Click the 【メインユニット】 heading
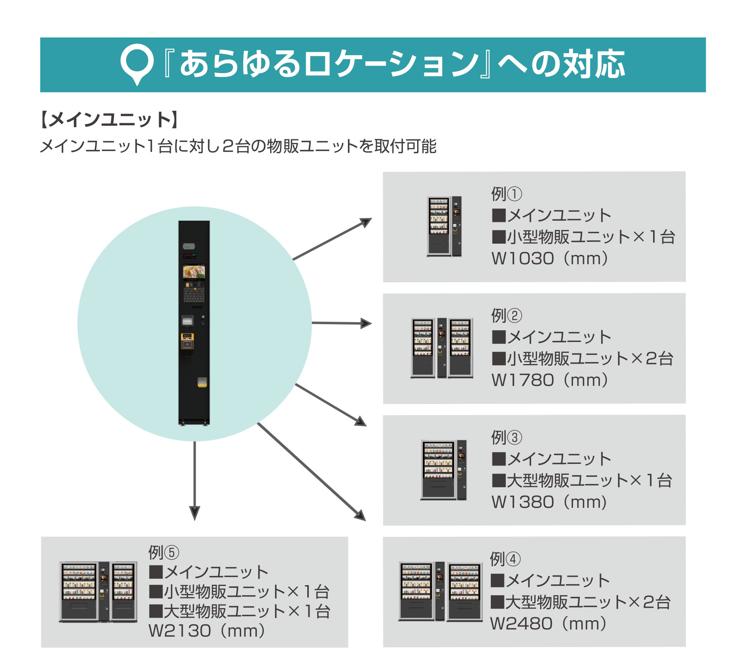(x=109, y=120)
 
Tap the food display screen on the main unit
(x=194, y=272)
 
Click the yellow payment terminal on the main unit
(x=187, y=341)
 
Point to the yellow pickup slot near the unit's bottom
(x=202, y=382)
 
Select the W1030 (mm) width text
(x=550, y=259)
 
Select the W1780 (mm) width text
(x=550, y=380)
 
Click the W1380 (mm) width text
(x=549, y=502)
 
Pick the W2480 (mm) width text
(x=548, y=624)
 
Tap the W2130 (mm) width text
(x=207, y=631)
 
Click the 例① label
(x=506, y=194)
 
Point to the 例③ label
(x=506, y=437)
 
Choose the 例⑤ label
(x=163, y=553)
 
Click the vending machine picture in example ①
(x=444, y=226)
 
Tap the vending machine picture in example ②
(x=442, y=348)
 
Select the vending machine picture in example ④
(x=440, y=591)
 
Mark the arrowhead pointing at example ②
(x=366, y=323)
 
